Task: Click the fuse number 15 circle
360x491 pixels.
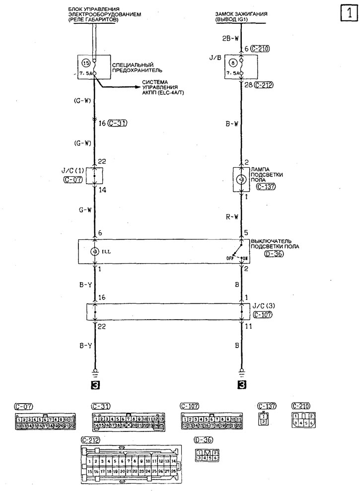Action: point(85,63)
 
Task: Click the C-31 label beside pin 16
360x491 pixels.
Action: point(118,124)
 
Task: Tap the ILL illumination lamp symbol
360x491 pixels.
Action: point(94,252)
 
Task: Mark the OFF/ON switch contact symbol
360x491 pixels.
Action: point(238,253)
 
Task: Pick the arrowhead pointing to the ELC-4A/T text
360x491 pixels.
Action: point(140,86)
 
